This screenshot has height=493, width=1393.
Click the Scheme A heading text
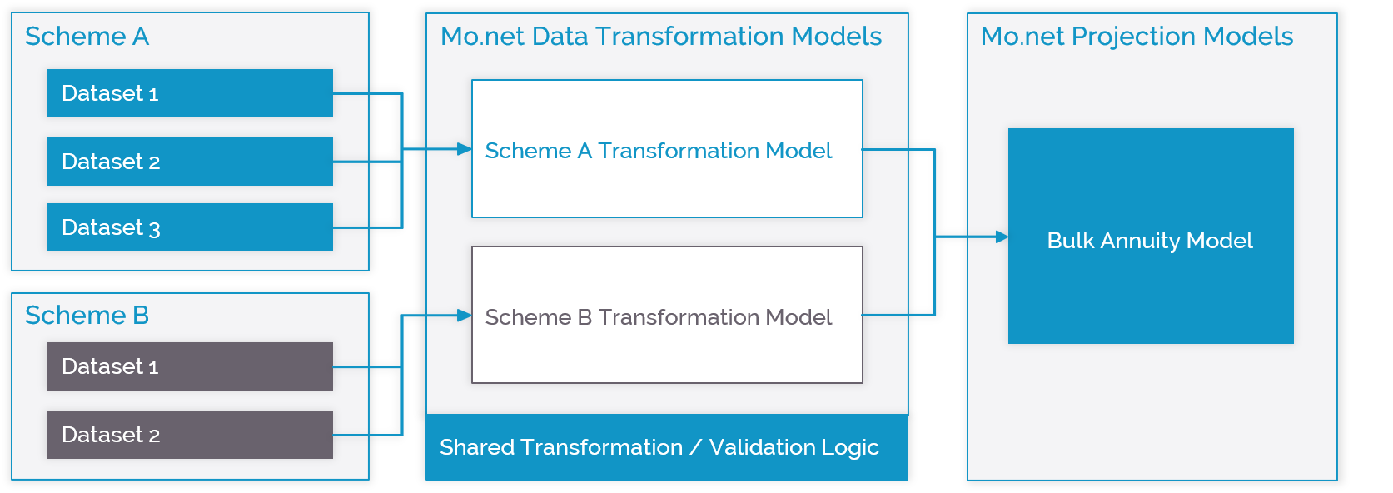point(87,36)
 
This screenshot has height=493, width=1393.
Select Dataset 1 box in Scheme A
point(190,93)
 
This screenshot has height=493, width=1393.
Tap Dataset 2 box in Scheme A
point(190,162)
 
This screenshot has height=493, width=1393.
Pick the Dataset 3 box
point(190,227)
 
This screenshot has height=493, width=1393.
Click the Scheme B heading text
point(87,315)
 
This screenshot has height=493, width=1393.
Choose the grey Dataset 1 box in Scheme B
point(190,366)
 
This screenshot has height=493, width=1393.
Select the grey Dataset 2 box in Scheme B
point(190,435)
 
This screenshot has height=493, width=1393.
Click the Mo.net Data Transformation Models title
point(661,36)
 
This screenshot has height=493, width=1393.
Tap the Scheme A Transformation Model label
point(659,151)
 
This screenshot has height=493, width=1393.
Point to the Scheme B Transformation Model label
point(659,317)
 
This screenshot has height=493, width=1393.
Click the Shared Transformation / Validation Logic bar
point(667,447)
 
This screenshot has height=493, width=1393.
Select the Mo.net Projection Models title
point(1137,36)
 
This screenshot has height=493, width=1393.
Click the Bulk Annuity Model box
point(1151,237)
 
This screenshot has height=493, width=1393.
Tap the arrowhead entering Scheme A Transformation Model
point(465,149)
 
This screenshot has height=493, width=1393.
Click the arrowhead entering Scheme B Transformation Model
point(465,316)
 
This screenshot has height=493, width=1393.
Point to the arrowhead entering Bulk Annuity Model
point(1001,237)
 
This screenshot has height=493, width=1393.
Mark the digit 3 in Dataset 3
point(154,229)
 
